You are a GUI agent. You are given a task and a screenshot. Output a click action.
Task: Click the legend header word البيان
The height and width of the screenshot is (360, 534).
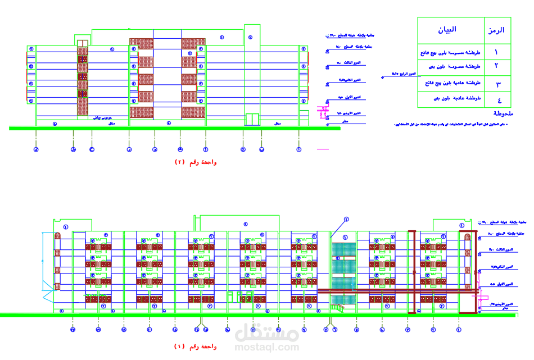click(447, 29)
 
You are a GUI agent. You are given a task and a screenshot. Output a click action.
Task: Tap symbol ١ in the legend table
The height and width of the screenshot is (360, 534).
click(496, 52)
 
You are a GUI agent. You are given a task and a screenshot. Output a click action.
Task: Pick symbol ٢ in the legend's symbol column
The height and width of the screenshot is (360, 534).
click(496, 66)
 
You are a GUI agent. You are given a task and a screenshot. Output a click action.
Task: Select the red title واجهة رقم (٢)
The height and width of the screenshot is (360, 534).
click(196, 162)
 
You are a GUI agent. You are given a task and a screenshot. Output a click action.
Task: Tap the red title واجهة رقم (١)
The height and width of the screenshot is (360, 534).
click(196, 347)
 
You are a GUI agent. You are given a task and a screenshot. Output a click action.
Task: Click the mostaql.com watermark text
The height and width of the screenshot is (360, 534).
click(266, 347)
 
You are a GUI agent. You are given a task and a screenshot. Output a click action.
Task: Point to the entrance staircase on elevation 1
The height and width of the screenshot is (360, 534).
click(337, 307)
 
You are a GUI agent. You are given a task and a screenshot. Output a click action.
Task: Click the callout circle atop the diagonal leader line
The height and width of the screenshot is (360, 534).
click(347, 219)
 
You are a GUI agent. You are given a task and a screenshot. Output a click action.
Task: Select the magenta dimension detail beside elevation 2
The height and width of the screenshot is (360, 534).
click(323, 112)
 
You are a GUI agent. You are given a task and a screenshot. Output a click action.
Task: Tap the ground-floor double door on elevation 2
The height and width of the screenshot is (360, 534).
click(252, 120)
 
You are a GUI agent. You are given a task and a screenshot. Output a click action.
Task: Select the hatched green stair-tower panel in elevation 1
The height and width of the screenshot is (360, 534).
click(343, 264)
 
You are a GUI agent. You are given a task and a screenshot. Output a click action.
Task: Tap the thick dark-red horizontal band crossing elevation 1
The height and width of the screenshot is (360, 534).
click(393, 291)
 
